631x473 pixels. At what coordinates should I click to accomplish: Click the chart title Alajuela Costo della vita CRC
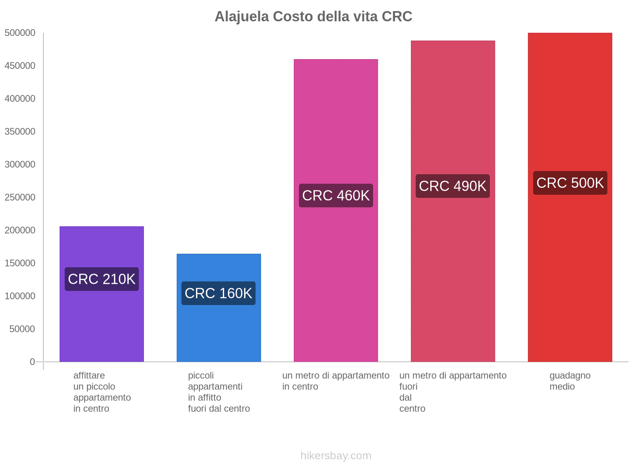(x=313, y=17)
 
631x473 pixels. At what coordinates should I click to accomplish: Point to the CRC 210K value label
(x=101, y=279)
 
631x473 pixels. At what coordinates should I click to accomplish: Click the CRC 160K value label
(x=218, y=293)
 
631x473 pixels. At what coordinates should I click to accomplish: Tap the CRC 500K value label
(x=570, y=183)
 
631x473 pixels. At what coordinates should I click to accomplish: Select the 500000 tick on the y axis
(x=20, y=33)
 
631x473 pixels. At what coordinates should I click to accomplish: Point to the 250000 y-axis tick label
(x=20, y=197)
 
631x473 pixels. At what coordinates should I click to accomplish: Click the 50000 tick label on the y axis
(x=22, y=329)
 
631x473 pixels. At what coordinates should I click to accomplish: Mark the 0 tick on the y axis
(x=32, y=362)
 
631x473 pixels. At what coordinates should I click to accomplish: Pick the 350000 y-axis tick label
(x=20, y=132)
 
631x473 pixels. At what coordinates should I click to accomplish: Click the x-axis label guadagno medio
(x=570, y=381)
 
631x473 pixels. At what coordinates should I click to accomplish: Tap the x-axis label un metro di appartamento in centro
(x=336, y=381)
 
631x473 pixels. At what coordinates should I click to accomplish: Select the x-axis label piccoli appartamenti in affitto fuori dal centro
(x=218, y=392)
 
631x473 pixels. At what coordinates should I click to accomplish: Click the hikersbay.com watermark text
(x=336, y=456)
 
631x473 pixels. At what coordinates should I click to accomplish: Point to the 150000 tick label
(x=20, y=263)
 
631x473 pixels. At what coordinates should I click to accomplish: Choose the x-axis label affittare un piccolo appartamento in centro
(x=102, y=392)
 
